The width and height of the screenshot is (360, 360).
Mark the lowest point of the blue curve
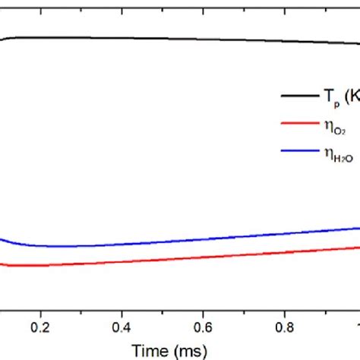pyautogui.click(x=61, y=247)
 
